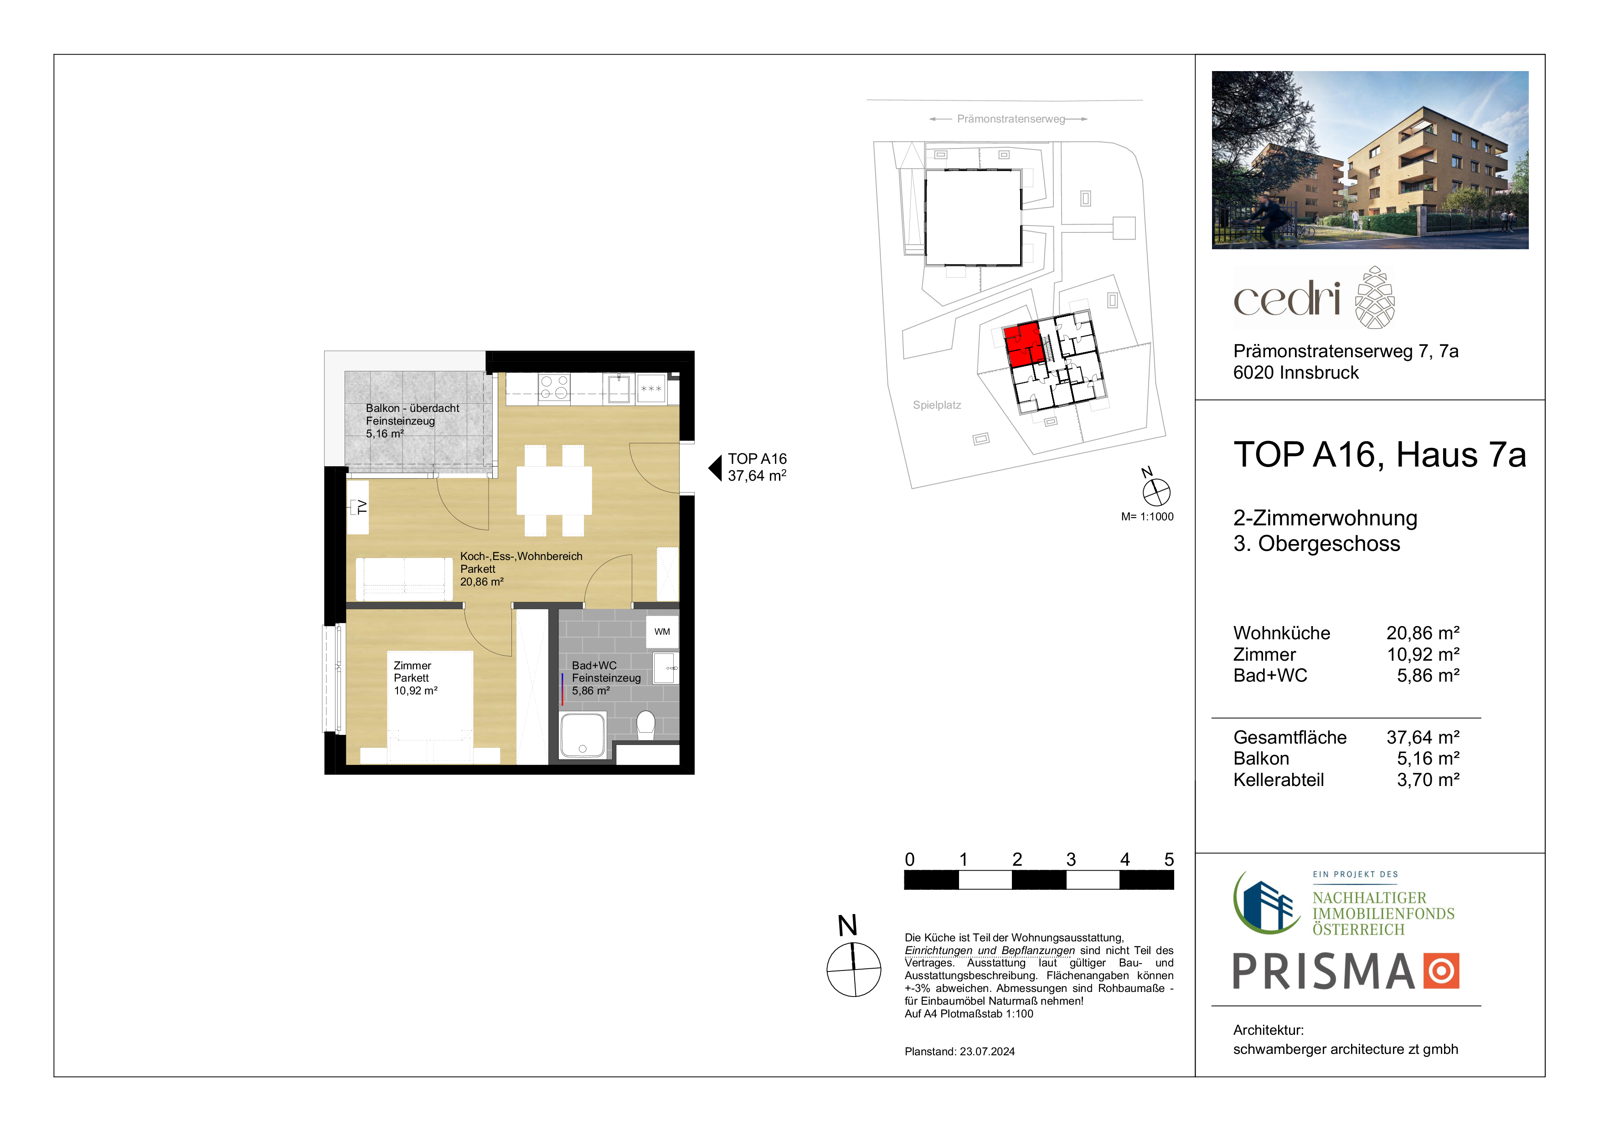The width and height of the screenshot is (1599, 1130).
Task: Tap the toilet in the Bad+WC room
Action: coord(646,725)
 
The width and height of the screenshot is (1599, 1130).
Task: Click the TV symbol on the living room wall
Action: coord(359,506)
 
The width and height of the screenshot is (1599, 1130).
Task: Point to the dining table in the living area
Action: coord(554,490)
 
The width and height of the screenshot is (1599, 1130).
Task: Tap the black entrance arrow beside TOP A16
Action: coord(715,468)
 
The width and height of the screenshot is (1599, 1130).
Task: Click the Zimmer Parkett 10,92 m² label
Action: coord(416,678)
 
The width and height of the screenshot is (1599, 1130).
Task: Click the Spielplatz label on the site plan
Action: coord(937,405)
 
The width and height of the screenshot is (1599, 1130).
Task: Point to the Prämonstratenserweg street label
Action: coord(1011,119)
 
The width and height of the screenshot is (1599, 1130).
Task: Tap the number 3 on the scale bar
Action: coord(1071,860)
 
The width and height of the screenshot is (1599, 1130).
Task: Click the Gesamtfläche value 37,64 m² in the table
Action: coord(1423,737)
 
